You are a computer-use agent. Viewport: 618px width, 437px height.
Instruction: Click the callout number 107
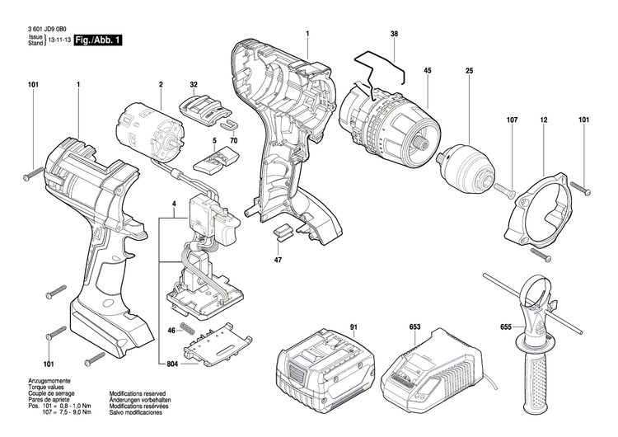(x=512, y=120)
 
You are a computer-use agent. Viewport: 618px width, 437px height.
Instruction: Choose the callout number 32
(x=194, y=85)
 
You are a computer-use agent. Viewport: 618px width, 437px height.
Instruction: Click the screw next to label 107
(x=505, y=191)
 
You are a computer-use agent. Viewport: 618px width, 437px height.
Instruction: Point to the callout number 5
(x=214, y=141)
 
